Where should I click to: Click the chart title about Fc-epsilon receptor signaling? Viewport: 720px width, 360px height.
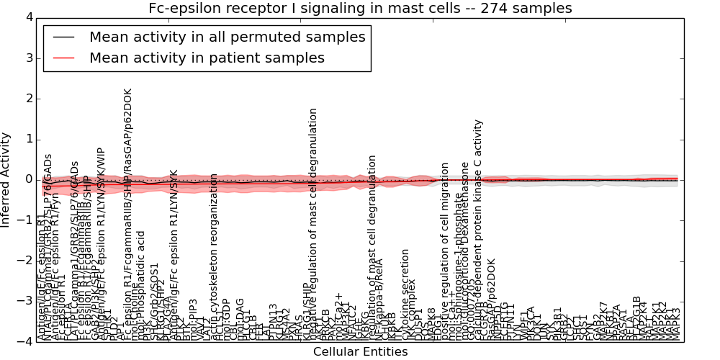tap(360, 9)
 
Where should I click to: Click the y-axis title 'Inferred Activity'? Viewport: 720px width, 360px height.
tap(6, 179)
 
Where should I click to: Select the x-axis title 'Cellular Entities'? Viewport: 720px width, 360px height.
tap(360, 352)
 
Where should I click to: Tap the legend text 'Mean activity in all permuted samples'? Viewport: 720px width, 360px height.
tap(227, 37)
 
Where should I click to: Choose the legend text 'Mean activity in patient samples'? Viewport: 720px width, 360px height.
tap(207, 58)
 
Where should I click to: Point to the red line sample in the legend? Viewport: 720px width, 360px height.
tap(63, 58)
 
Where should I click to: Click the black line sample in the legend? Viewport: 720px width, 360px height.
tap(63, 37)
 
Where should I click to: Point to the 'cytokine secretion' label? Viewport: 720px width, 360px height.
tap(405, 292)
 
